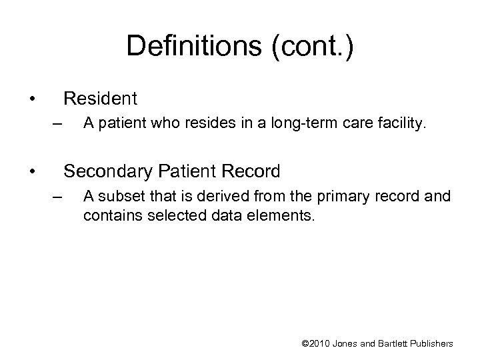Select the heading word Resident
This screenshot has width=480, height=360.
click(x=100, y=99)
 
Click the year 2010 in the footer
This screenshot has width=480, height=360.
click(x=322, y=344)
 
